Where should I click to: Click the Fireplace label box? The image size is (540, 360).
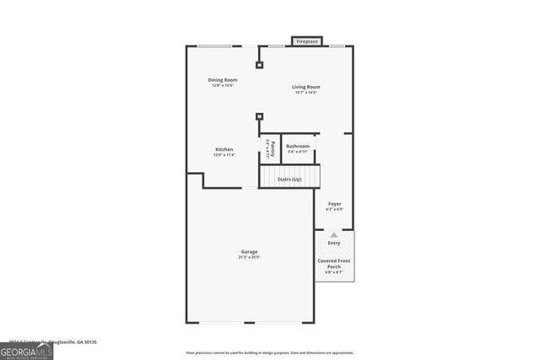coord(306,40)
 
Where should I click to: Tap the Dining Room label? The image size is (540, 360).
coord(223,80)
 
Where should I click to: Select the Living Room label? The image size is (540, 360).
coord(306,87)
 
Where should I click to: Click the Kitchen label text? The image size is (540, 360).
coord(224,149)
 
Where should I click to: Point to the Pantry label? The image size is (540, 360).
coord(272,148)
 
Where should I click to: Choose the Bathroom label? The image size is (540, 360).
coord(298,146)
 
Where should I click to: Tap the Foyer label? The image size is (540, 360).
coord(334,204)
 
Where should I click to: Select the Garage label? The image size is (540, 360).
coord(249,252)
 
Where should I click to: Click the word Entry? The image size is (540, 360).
coord(334,243)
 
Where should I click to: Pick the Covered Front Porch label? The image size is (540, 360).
coord(334,264)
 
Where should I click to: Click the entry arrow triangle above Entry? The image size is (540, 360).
coord(334,234)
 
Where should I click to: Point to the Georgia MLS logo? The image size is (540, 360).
coord(26,350)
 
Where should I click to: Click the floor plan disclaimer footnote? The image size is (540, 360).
coord(270,353)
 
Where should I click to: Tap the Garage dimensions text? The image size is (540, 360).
coord(249,257)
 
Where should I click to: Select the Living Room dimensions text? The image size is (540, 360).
coord(306,92)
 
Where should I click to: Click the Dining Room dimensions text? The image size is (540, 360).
coord(223,85)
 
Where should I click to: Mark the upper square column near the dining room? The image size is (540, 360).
coord(260,63)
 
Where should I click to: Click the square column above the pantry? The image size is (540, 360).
coord(260,116)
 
